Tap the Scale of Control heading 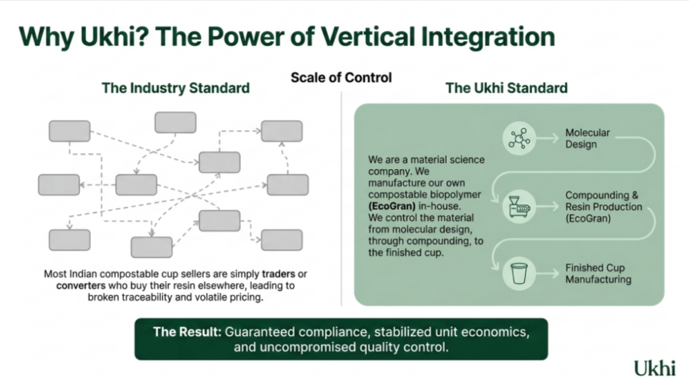341,77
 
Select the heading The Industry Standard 176,88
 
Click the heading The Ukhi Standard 507,88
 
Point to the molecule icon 519,139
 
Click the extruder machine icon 519,206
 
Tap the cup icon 519,274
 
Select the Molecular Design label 587,139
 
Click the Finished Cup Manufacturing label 598,274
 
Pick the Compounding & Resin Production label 604,206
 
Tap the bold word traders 279,274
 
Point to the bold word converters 81,286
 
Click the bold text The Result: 187,332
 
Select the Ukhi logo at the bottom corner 654,367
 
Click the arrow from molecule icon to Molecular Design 548,139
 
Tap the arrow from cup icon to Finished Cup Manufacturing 548,274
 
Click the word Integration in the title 488,37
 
